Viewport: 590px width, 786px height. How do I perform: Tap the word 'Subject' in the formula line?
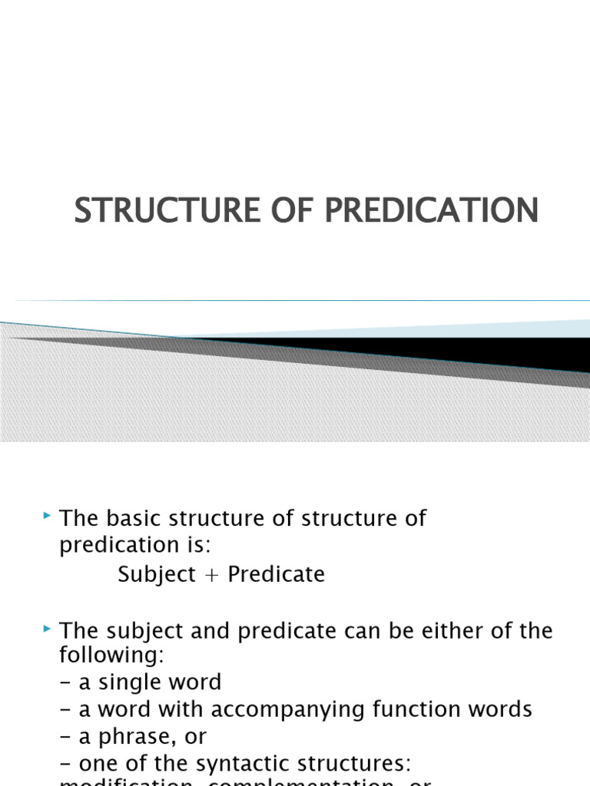157,575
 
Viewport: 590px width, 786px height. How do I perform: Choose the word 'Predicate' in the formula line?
275,575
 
